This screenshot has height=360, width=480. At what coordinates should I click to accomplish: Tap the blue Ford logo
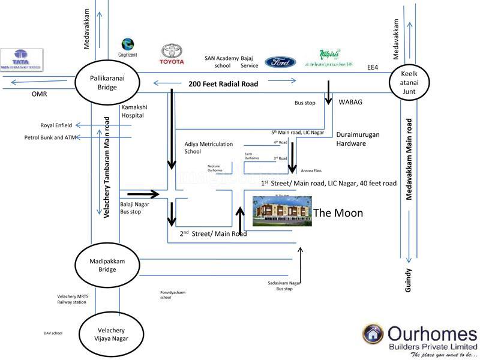point(280,62)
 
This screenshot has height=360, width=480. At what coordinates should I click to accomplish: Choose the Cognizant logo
point(127,47)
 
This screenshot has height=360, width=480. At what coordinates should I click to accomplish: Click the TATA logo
point(22,59)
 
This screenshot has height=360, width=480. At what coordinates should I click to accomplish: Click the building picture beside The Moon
point(282,211)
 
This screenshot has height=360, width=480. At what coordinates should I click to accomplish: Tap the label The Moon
point(338,213)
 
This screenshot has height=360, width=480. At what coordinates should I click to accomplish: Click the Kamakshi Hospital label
point(134,110)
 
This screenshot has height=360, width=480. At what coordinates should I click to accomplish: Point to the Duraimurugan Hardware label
point(358,139)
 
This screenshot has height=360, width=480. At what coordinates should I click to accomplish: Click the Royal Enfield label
point(56,125)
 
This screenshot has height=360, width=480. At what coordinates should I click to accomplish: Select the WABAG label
point(350,103)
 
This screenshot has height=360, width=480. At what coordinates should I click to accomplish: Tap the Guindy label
point(409,280)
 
